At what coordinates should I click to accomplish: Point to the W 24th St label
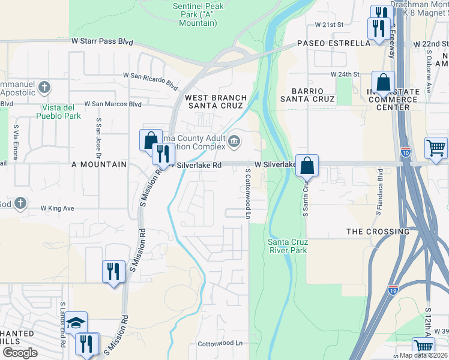[x=345, y=74]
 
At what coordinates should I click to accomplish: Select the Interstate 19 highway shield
[x=393, y=290]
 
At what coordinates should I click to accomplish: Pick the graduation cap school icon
[x=76, y=323]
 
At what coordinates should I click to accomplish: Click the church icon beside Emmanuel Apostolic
[x=44, y=88]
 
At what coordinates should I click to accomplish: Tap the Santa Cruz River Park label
[x=287, y=246]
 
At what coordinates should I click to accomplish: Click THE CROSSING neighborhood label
[x=378, y=231]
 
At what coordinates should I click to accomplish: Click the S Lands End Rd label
[x=62, y=317]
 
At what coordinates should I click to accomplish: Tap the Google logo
[x=20, y=353]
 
